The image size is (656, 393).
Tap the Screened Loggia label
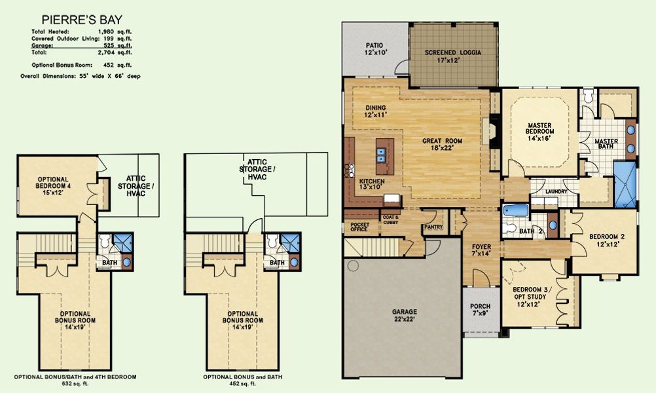click(x=452, y=56)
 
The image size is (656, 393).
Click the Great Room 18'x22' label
click(x=443, y=145)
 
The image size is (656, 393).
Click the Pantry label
click(x=433, y=227)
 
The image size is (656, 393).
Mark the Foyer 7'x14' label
click(x=481, y=250)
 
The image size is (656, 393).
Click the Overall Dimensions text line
click(x=86, y=76)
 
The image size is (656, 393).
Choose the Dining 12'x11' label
click(x=375, y=111)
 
